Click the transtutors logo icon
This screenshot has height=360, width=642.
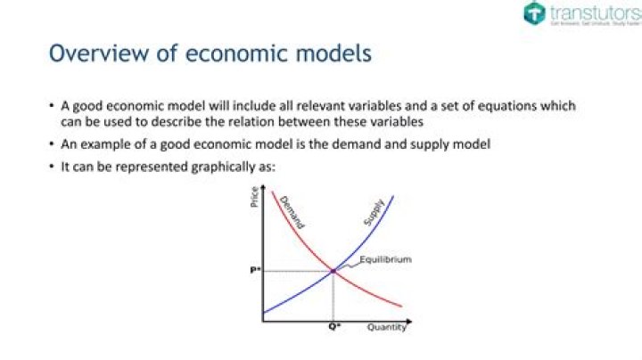pos(533,13)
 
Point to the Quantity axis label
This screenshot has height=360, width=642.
pos(387,328)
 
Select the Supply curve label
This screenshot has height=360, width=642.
pos(373,212)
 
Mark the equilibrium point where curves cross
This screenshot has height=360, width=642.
pos(333,270)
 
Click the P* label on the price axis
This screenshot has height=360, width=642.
pos(255,270)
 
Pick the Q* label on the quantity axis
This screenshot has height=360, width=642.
pos(333,328)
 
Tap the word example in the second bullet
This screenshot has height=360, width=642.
pos(102,143)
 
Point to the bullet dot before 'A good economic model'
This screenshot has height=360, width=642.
pos(52,106)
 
